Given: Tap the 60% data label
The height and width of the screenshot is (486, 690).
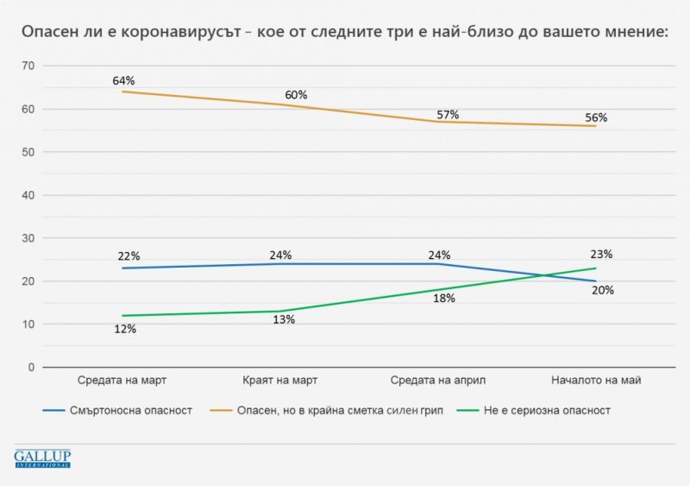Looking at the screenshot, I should click(x=297, y=95).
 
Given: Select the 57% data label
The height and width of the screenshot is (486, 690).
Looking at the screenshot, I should click(x=448, y=115).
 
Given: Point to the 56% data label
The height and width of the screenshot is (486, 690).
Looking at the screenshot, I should click(x=597, y=118).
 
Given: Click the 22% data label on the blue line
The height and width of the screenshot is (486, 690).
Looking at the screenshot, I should click(x=129, y=256).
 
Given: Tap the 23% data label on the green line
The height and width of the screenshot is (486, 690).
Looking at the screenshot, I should click(x=602, y=254).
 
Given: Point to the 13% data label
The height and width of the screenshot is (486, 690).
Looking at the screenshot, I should click(x=285, y=319).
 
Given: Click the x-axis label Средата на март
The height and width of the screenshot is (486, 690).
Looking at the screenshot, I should click(x=122, y=381).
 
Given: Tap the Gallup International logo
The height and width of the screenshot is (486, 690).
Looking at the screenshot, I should click(x=42, y=458).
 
